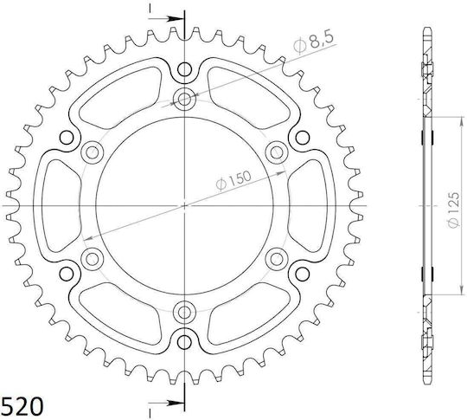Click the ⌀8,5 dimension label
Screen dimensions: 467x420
pyautogui.click(x=314, y=42)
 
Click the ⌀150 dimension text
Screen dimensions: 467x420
pyautogui.click(x=233, y=180)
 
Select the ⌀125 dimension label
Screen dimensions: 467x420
pyautogui.click(x=453, y=210)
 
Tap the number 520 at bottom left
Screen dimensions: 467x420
pyautogui.click(x=22, y=406)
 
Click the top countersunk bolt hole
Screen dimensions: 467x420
pyautogui.click(x=185, y=99)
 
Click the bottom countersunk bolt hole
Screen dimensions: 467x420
pyautogui.click(x=185, y=312)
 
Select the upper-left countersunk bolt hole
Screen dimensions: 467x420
pyautogui.click(x=92, y=152)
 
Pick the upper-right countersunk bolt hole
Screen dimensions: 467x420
pyautogui.click(x=277, y=152)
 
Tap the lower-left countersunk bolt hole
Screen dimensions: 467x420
pyautogui.click(x=92, y=259)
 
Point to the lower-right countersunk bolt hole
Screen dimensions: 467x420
pyautogui.click(x=277, y=259)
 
